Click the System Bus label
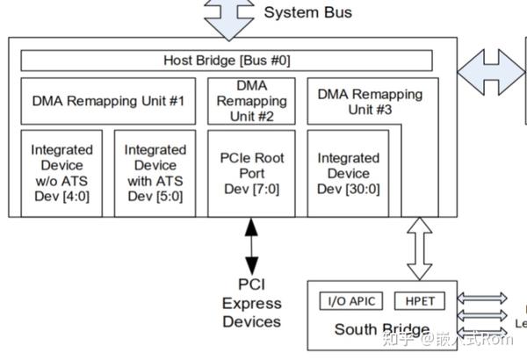tap(307, 12)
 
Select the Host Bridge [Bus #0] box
tap(227, 61)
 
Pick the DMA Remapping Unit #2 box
tap(251, 101)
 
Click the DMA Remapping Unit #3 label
tap(369, 101)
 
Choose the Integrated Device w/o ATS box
tap(61, 172)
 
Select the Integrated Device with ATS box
tap(155, 172)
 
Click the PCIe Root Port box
tap(251, 172)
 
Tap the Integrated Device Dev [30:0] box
tap(349, 172)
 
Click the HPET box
tap(415, 302)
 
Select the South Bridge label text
tap(370, 330)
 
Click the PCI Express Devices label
tap(251, 303)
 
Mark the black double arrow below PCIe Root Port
tap(252, 246)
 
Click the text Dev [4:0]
tap(61, 196)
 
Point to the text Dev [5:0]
tap(155, 196)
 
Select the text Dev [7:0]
tap(251, 188)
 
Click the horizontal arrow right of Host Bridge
tap(492, 68)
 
